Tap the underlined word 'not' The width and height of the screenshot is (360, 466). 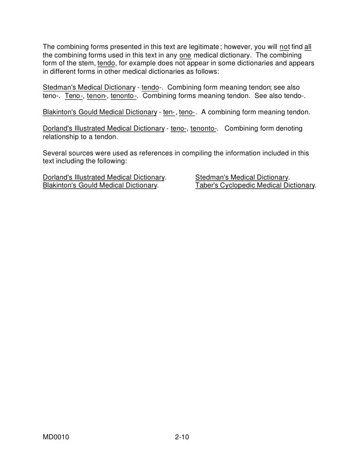tap(285, 47)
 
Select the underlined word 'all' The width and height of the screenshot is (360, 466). tap(308, 47)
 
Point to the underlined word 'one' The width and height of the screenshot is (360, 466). tap(185, 56)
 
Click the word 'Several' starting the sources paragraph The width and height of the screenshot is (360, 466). tap(54, 154)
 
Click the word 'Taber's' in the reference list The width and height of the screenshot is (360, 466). tap(207, 186)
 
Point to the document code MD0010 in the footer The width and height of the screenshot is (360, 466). tap(55, 438)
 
